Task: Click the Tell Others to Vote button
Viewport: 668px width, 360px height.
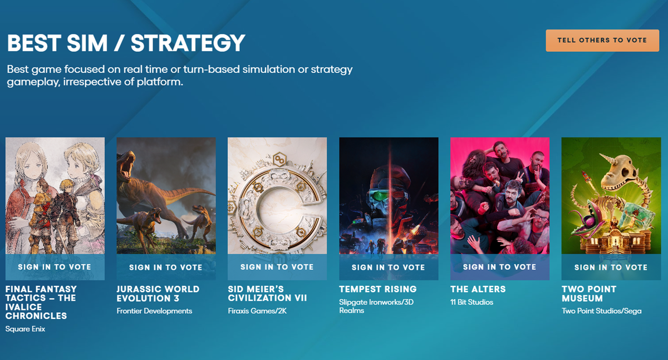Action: (x=602, y=40)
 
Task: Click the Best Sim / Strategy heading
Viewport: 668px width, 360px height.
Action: (x=126, y=43)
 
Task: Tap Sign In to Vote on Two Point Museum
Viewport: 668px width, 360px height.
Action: (x=611, y=267)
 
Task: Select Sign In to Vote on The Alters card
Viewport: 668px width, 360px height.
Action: (x=499, y=267)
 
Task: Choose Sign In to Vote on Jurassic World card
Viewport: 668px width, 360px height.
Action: (x=165, y=267)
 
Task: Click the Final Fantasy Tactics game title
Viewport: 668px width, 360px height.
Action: (x=41, y=302)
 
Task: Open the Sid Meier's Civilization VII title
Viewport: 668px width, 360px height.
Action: (x=267, y=293)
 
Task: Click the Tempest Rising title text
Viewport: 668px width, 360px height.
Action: (x=377, y=289)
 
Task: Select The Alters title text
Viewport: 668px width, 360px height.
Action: (x=478, y=289)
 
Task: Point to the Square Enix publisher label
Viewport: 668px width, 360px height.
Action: (x=25, y=329)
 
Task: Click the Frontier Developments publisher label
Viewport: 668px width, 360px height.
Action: (x=154, y=311)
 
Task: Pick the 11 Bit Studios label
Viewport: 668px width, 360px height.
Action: (x=471, y=302)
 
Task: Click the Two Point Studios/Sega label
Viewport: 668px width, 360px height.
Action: (x=601, y=311)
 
